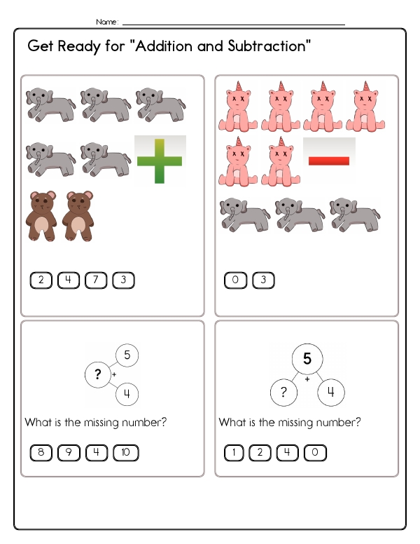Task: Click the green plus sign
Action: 160,161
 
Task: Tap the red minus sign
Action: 329,161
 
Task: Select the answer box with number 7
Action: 96,280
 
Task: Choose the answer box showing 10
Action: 126,453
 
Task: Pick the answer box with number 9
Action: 69,453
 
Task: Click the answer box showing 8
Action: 41,453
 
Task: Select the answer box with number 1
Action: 234,453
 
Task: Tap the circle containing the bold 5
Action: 307,359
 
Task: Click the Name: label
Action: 107,22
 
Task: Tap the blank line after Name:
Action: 234,25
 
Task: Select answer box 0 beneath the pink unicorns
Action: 236,280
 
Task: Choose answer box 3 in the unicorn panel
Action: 263,280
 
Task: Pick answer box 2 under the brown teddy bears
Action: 41,280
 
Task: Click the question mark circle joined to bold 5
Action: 283,393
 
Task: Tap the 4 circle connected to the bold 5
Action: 331,393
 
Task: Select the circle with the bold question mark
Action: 98,374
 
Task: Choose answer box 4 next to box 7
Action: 69,280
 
